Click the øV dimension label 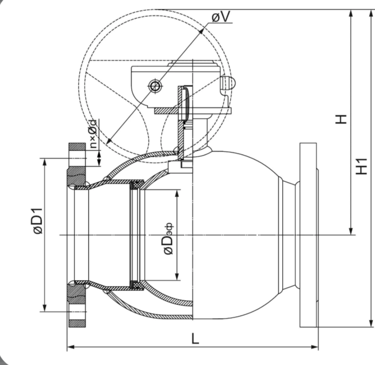point(220,17)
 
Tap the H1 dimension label point(361,166)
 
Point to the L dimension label point(195,339)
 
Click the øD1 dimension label point(38,221)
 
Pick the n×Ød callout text point(93,133)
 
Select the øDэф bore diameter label point(168,239)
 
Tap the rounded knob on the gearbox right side point(229,83)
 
